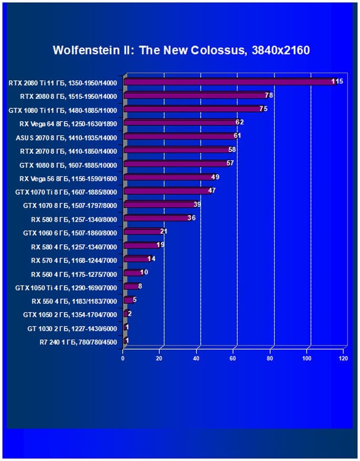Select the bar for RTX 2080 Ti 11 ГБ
pyautogui.click(x=229, y=82)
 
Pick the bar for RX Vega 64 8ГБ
pyautogui.click(x=179, y=122)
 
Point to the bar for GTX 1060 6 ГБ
pyautogui.click(x=142, y=232)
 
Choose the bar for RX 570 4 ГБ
pyautogui.click(x=136, y=259)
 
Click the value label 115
pyautogui.click(x=337, y=82)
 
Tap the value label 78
pyautogui.click(x=268, y=95)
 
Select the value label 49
pyautogui.click(x=215, y=177)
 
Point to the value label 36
pyautogui.click(x=191, y=218)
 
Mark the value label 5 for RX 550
pyautogui.click(x=134, y=300)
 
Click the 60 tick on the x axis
pyautogui.click(x=233, y=358)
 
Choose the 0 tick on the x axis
pyautogui.click(x=123, y=358)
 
